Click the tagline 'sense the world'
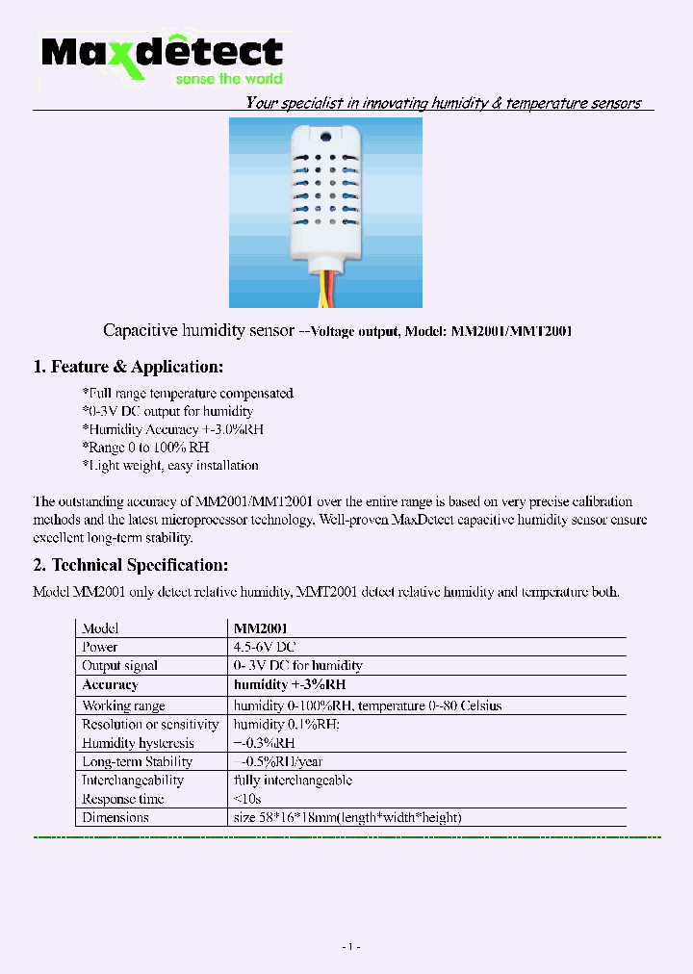click(x=228, y=79)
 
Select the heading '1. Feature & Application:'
click(x=128, y=367)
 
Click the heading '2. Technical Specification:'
click(x=131, y=565)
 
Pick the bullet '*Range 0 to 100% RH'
click(x=145, y=448)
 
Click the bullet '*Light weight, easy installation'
click(x=170, y=466)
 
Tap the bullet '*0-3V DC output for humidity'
click(x=167, y=412)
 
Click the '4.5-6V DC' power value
click(x=265, y=647)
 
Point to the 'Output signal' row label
click(x=119, y=666)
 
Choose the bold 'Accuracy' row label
click(x=110, y=685)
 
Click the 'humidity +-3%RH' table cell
click(x=290, y=685)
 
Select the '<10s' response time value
click(x=247, y=799)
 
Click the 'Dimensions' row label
click(x=115, y=818)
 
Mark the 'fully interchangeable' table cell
click(x=293, y=781)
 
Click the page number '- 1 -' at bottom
click(x=350, y=947)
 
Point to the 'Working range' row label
click(x=123, y=705)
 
